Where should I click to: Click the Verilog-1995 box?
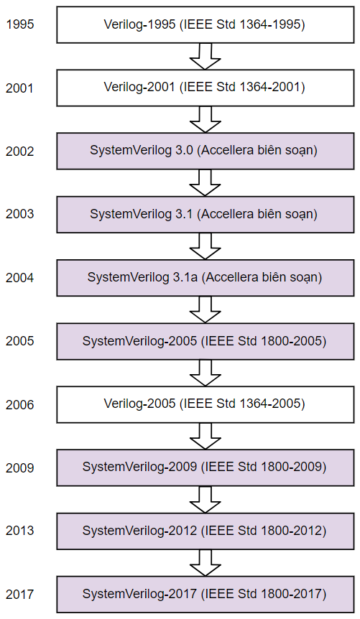pyautogui.click(x=205, y=24)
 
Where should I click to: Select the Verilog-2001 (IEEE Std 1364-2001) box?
pyautogui.click(x=205, y=87)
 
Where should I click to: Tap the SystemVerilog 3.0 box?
pyautogui.click(x=205, y=151)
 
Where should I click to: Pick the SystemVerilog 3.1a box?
pyautogui.click(x=205, y=277)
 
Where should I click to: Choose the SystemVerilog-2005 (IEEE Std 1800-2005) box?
pyautogui.click(x=205, y=341)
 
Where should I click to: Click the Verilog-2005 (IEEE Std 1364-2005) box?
pyautogui.click(x=205, y=404)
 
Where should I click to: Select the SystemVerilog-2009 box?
pyautogui.click(x=205, y=467)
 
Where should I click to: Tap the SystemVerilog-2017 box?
pyautogui.click(x=205, y=594)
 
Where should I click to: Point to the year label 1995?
pyautogui.click(x=20, y=24)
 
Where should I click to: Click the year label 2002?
pyautogui.click(x=20, y=151)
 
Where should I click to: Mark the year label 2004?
pyautogui.click(x=20, y=277)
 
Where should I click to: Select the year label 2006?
pyautogui.click(x=20, y=404)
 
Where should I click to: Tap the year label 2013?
pyautogui.click(x=20, y=531)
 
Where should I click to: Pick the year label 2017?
pyautogui.click(x=20, y=594)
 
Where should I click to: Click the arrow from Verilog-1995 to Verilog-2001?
pyautogui.click(x=205, y=57)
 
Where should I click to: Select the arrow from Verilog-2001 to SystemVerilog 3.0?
pyautogui.click(x=205, y=120)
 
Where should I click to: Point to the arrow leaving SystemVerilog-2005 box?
pyautogui.click(x=205, y=373)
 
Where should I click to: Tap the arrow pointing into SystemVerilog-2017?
pyautogui.click(x=205, y=563)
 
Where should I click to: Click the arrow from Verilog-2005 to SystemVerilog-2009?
pyautogui.click(x=205, y=436)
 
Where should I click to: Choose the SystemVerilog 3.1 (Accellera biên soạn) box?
pyautogui.click(x=205, y=214)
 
